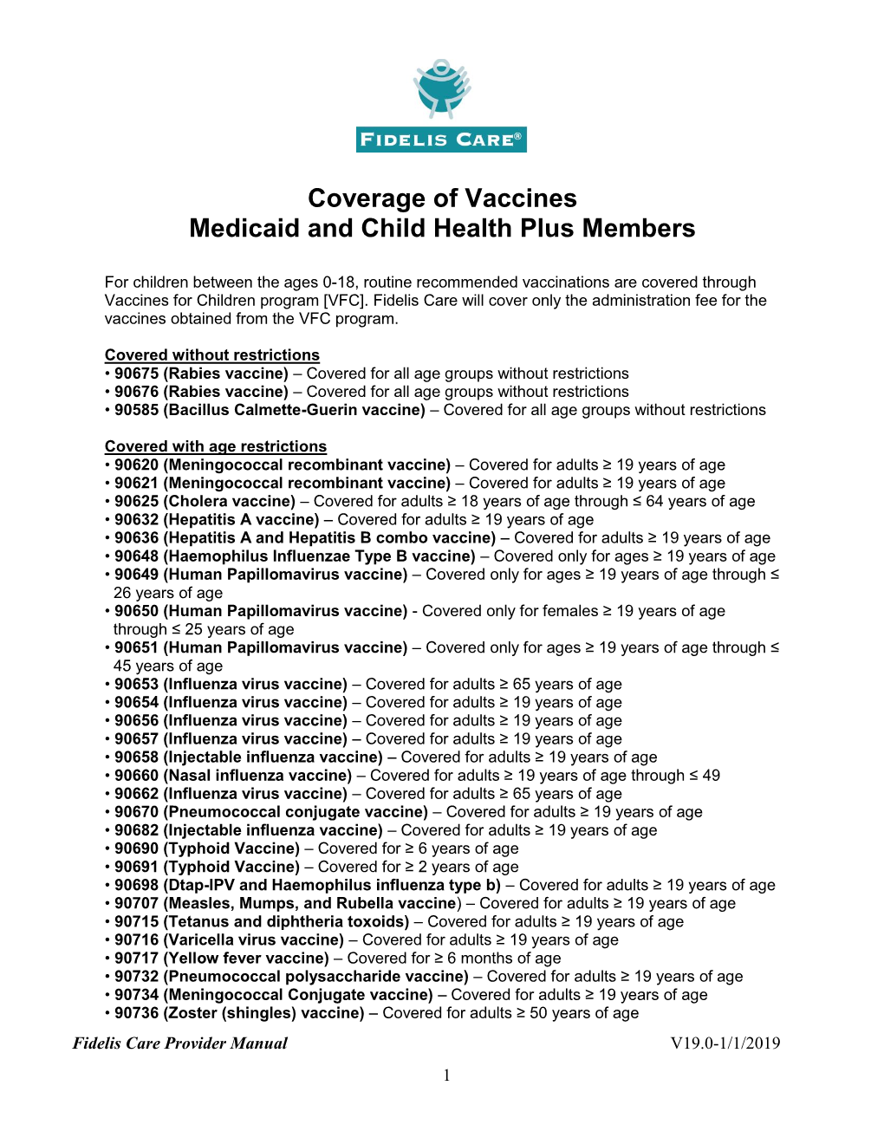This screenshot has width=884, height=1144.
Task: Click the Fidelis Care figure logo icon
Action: (x=442, y=88)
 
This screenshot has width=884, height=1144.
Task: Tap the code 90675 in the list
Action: (x=137, y=374)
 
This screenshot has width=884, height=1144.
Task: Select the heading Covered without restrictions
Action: (x=212, y=355)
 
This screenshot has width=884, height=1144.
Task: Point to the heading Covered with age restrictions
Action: (x=216, y=446)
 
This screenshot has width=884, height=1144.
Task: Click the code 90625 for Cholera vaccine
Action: (x=137, y=501)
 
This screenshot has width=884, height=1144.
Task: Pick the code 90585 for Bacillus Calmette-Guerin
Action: (x=137, y=410)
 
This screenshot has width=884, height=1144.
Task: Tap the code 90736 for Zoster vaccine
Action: (x=137, y=1013)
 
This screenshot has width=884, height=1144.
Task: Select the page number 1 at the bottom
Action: (x=446, y=1076)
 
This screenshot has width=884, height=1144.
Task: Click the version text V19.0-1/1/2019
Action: (x=725, y=1043)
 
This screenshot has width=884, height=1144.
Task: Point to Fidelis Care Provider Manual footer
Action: (x=180, y=1043)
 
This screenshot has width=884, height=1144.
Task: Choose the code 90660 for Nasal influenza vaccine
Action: (x=137, y=776)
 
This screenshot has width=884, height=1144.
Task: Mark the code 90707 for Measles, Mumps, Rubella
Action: (x=137, y=903)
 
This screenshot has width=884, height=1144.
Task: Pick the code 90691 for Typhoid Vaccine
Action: (x=137, y=867)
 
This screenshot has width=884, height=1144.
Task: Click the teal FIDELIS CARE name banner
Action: (x=441, y=140)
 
